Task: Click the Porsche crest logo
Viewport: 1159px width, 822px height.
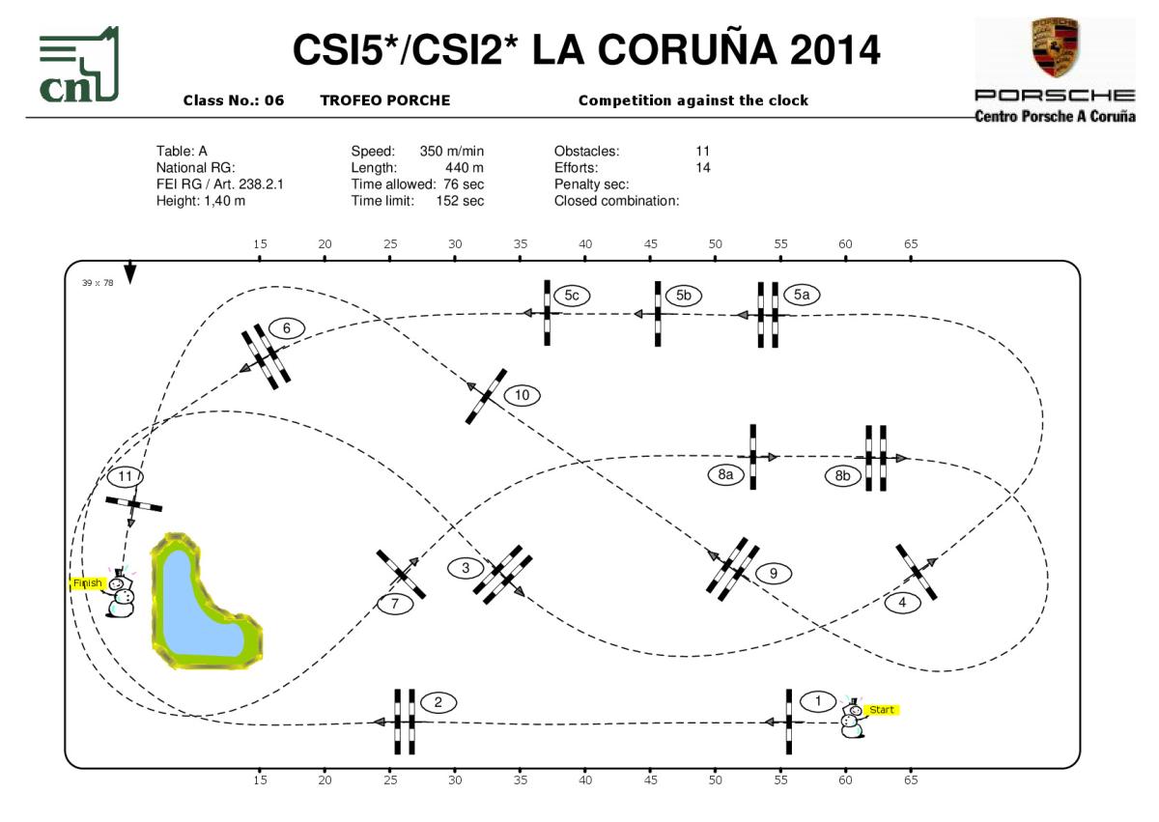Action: coord(1055,48)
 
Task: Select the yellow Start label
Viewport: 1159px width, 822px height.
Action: coord(882,710)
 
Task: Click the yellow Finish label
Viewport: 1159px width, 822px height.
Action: coord(88,583)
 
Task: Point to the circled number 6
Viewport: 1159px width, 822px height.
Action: coord(287,328)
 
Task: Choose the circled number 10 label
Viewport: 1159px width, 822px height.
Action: coord(522,395)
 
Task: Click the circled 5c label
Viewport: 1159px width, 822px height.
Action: coord(572,294)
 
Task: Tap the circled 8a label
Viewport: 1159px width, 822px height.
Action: coord(725,474)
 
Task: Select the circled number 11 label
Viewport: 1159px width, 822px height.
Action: coord(126,476)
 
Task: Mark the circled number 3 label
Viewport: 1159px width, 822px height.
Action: coord(466,568)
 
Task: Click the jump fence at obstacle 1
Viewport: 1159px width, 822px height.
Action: coord(788,722)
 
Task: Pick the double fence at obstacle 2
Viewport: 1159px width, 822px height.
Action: coord(405,722)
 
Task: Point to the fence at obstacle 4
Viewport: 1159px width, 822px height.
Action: coord(916,571)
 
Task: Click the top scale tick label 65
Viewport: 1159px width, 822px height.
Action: coord(910,244)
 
